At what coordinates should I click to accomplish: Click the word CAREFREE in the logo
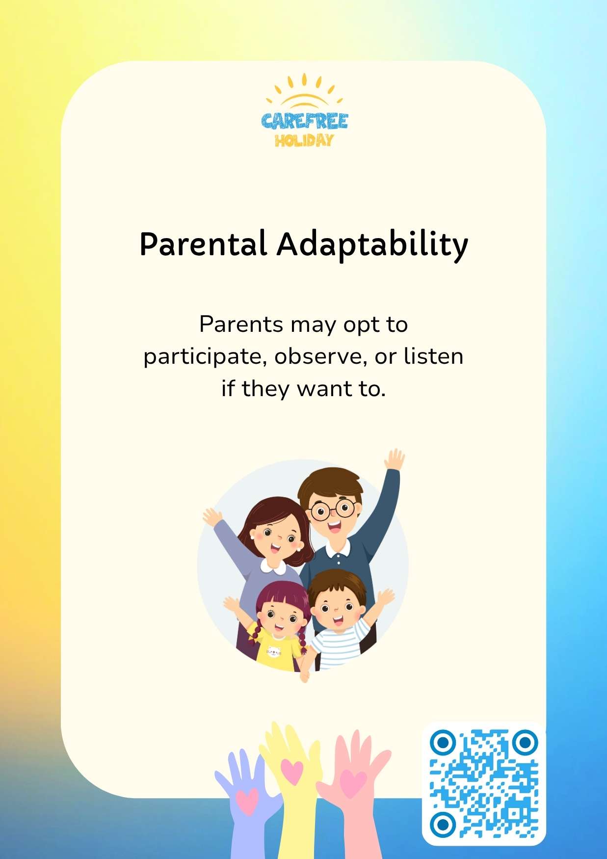[x=304, y=121]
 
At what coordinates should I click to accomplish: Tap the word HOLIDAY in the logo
[x=304, y=141]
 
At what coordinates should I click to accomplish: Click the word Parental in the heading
[x=203, y=244]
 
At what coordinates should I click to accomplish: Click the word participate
[x=205, y=357]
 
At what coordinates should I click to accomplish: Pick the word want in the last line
[x=325, y=389]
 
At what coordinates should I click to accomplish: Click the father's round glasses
[x=333, y=510]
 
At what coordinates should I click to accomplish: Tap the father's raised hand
[x=395, y=459]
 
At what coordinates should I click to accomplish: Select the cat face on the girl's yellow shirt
[x=274, y=651]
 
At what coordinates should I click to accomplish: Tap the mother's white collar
[x=273, y=566]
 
